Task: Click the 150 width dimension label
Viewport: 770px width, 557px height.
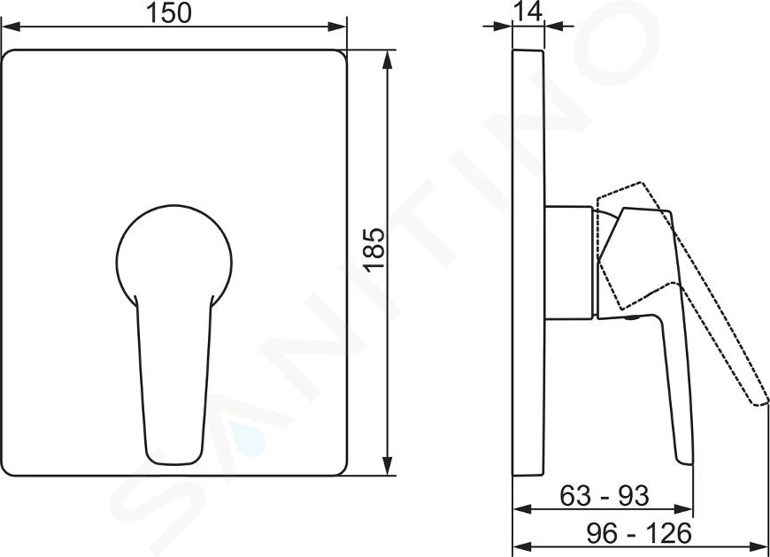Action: pos(169,13)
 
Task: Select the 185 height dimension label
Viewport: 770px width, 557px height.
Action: pos(374,249)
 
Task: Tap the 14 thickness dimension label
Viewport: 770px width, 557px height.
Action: pos(527,11)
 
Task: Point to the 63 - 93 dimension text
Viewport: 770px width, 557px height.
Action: pos(604,496)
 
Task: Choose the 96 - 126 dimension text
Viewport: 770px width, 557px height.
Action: pos(639,533)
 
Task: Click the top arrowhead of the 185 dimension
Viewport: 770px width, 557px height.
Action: pos(388,59)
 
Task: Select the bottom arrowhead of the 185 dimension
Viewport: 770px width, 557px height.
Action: pos(388,466)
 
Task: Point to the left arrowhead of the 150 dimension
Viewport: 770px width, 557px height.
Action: pos(11,27)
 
